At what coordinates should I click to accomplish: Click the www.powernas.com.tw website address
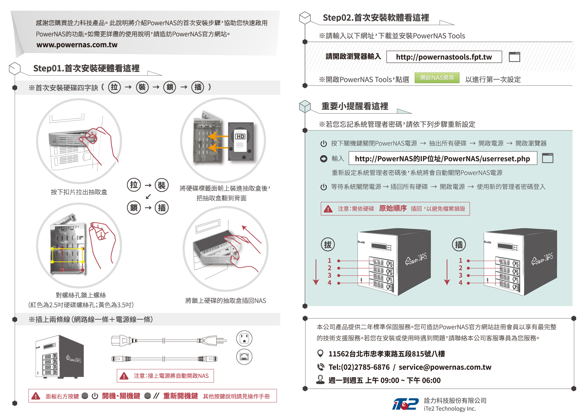click(77, 45)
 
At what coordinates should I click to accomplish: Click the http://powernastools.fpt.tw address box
click(444, 57)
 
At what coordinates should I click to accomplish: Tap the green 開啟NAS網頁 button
click(437, 78)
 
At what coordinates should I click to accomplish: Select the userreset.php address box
click(443, 159)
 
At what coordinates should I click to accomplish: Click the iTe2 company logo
click(405, 404)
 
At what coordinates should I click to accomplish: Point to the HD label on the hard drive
click(240, 136)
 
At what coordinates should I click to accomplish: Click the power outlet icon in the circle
click(244, 338)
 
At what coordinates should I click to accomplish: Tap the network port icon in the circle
click(244, 356)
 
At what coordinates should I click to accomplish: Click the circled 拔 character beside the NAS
click(328, 245)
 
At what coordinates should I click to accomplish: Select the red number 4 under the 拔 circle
click(329, 283)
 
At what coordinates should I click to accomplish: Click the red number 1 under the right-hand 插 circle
click(460, 261)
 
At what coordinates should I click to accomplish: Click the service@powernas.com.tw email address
click(445, 367)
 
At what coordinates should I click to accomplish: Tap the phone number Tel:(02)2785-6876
click(359, 367)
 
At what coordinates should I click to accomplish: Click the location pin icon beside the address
click(320, 354)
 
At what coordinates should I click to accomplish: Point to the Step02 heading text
click(376, 18)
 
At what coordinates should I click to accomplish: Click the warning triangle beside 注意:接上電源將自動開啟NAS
click(124, 376)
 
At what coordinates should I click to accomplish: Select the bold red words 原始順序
click(393, 208)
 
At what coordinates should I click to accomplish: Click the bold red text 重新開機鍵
click(181, 396)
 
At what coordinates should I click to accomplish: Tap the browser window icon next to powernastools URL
click(514, 57)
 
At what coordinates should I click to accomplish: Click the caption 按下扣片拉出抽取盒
click(79, 192)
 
